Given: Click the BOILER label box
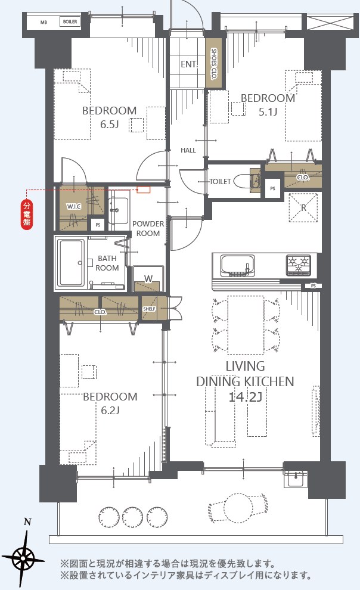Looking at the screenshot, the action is (x=70, y=22).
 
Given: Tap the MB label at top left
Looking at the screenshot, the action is (x=44, y=22).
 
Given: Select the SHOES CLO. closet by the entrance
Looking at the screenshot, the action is (x=213, y=63).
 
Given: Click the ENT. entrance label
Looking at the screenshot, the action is (x=189, y=64).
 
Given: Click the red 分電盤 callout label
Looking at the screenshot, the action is (x=27, y=215).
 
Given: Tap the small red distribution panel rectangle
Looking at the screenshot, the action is (x=143, y=190).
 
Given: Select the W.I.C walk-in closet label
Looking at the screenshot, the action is (x=74, y=206).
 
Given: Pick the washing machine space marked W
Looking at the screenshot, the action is (x=148, y=279).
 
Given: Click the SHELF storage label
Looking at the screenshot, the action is (x=149, y=309).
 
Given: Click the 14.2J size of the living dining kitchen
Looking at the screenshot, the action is (x=246, y=396).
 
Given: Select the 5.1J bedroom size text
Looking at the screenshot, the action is (x=268, y=112).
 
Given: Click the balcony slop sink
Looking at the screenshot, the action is (x=296, y=478).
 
